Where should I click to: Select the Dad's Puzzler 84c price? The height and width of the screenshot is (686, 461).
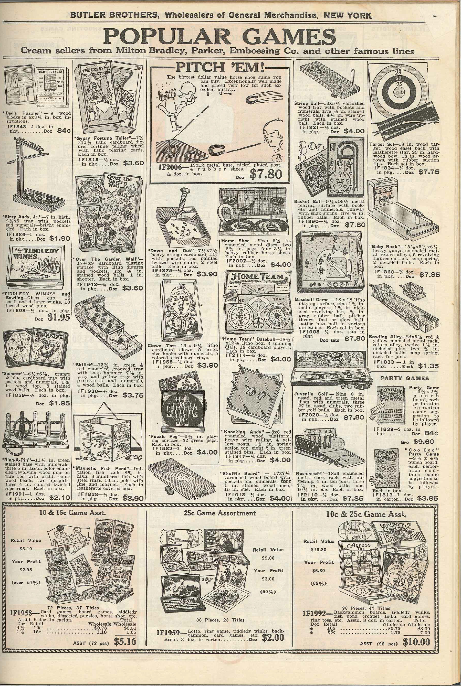(x=64, y=131)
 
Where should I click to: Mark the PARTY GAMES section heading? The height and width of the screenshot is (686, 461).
(x=405, y=379)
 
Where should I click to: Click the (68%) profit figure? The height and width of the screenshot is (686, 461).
(x=319, y=582)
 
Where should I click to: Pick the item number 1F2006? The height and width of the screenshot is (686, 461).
(x=167, y=167)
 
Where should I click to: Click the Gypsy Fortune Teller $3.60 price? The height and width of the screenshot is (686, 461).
(x=133, y=163)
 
